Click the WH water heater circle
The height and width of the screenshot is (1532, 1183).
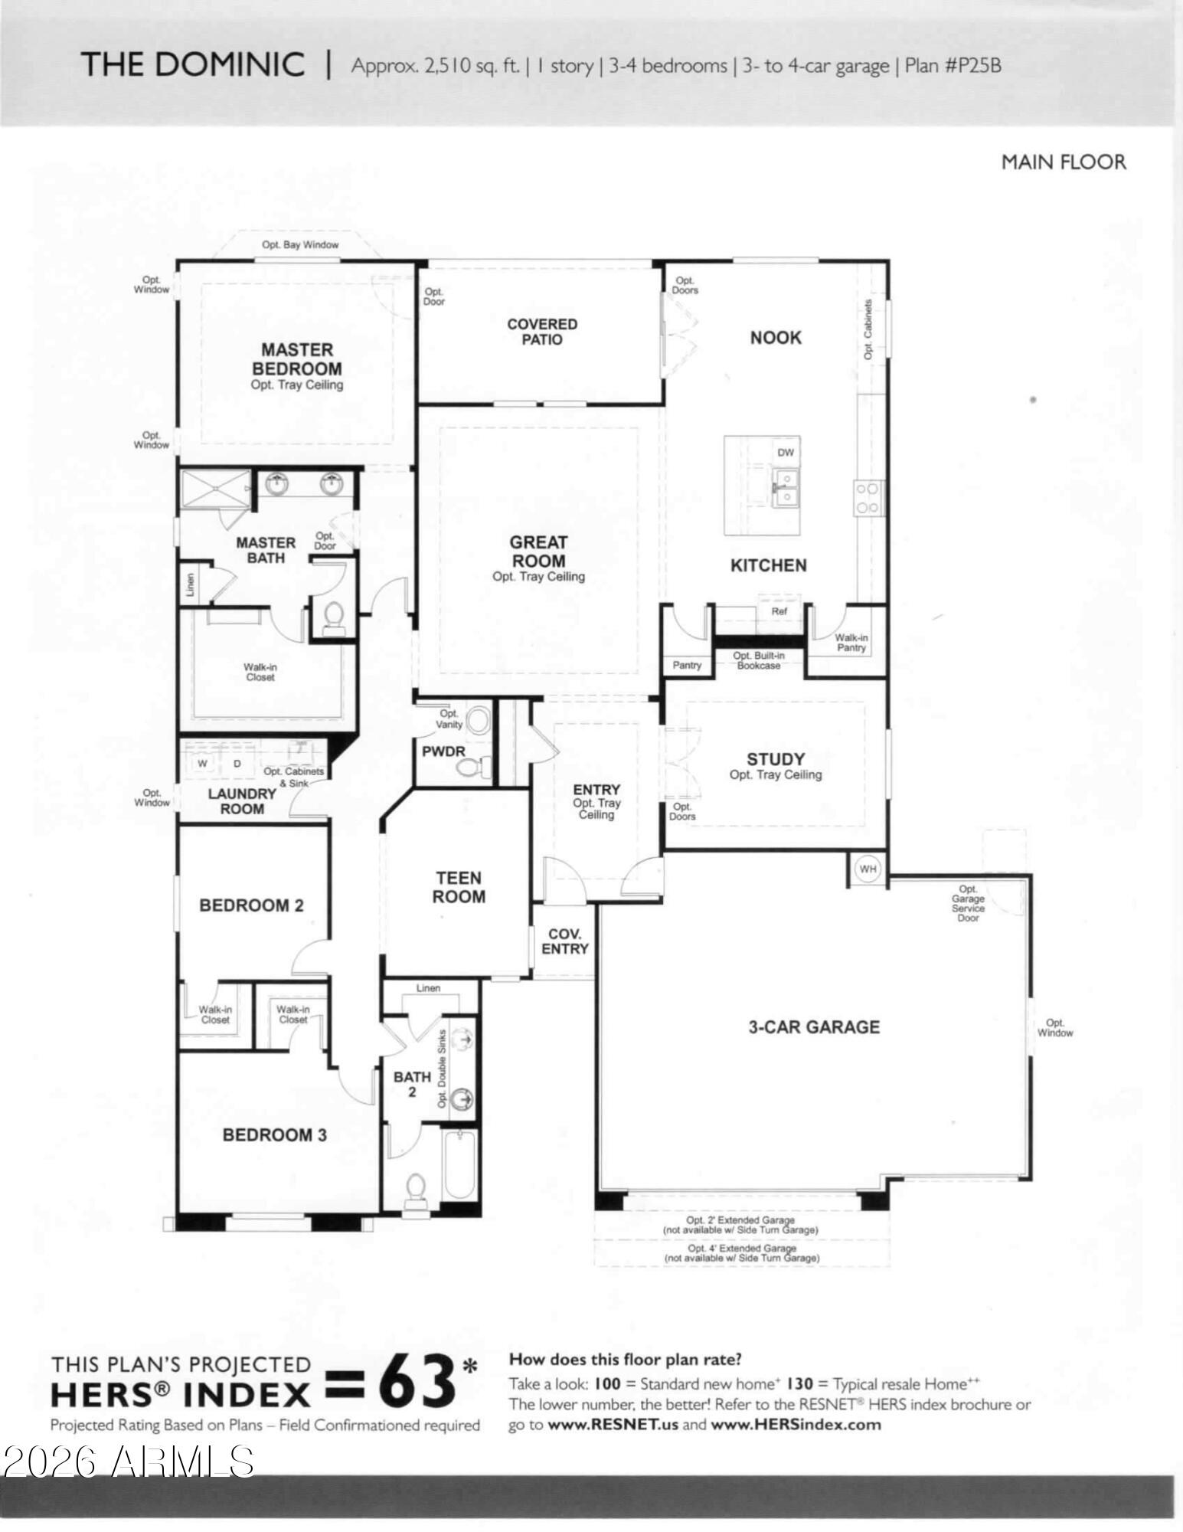coord(868,869)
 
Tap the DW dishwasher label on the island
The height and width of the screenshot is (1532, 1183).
coord(786,453)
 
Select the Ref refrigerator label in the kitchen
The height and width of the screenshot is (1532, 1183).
coord(779,611)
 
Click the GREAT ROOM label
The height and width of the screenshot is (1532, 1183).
coord(539,552)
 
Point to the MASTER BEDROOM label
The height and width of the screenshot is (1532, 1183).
coord(297,358)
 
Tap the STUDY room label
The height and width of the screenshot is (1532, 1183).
coord(776,759)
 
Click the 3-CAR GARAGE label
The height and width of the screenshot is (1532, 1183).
coord(814,1027)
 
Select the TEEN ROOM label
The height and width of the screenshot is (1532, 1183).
coord(459,887)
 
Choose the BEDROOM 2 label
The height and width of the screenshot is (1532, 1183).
coord(251,905)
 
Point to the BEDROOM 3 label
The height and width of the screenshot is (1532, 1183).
coord(275,1135)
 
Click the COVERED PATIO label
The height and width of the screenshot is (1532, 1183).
coord(542,332)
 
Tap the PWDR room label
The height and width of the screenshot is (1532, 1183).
coord(443,751)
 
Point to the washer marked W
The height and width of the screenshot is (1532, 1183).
coord(203,763)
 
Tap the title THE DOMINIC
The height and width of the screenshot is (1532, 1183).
coord(193,64)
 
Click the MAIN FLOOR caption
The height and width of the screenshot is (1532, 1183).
coord(1064,162)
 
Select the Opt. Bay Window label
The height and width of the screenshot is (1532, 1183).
coord(300,245)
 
